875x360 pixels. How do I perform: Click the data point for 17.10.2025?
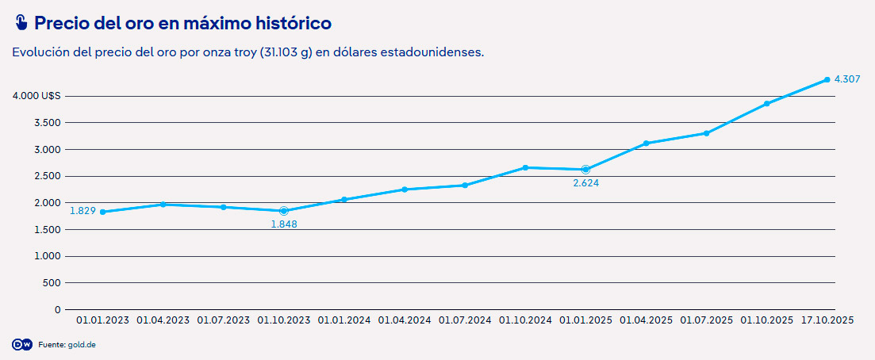827,80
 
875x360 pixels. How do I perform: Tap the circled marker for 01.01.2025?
585,170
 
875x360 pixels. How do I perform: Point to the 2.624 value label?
585,183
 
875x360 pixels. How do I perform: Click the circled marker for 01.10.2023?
284,211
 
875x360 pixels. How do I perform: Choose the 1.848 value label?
284,224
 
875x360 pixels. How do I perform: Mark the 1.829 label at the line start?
83,211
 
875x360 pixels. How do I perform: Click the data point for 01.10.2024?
525,167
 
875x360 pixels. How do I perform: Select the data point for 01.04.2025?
646,144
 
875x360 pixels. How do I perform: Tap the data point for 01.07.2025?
706,133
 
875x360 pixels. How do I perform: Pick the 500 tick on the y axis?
51,282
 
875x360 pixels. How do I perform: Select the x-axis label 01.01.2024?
344,320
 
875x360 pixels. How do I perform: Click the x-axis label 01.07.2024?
465,320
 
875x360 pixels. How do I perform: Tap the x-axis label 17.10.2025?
827,320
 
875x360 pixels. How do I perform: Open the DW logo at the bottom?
21,345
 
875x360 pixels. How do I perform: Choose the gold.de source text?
82,345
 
